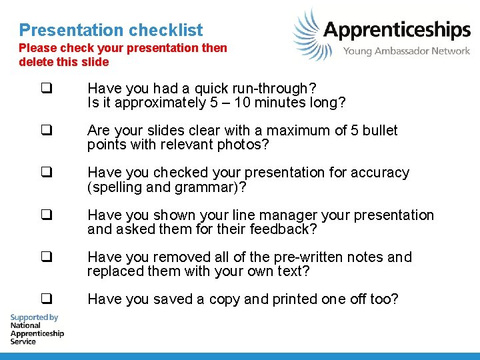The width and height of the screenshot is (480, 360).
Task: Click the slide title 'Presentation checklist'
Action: pos(111,30)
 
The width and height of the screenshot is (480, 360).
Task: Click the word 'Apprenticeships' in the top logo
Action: pos(397,30)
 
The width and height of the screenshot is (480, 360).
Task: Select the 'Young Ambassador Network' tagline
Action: pos(407,51)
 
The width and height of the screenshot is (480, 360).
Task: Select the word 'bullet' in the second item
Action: pos(377,131)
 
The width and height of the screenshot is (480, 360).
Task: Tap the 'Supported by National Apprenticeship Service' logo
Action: pos(37,329)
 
